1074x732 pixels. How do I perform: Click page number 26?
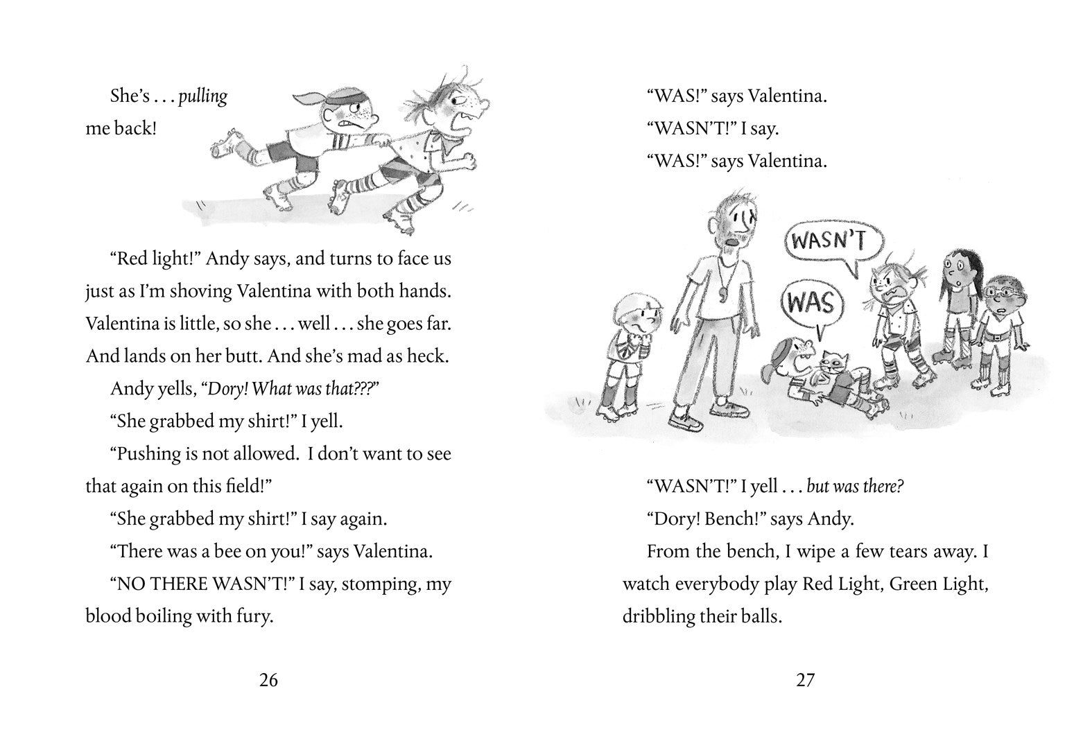tap(268, 680)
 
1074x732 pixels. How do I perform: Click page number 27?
tap(805, 680)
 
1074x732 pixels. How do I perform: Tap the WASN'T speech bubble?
tap(829, 241)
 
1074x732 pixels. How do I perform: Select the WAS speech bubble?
tap(810, 304)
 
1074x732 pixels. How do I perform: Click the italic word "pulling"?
tap(203, 96)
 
